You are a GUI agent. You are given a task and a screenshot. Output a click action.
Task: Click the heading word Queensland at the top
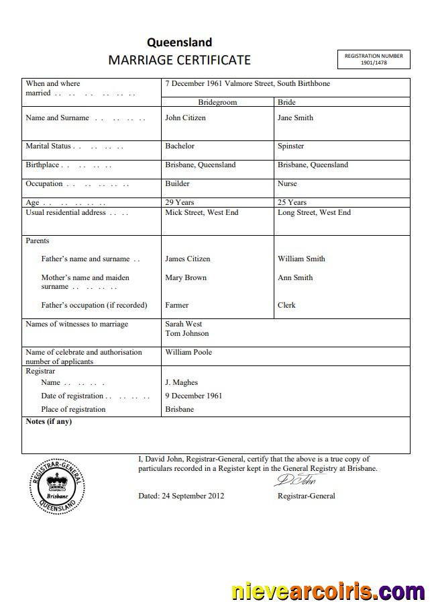(x=179, y=42)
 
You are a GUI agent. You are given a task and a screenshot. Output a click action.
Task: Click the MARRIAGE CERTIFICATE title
(x=179, y=60)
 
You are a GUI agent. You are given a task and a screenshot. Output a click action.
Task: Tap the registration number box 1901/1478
(x=374, y=59)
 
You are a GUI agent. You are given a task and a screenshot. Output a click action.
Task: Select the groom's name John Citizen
(x=185, y=118)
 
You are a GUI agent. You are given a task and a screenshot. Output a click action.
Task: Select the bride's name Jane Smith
(x=295, y=118)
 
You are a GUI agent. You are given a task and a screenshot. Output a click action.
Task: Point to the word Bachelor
(x=180, y=146)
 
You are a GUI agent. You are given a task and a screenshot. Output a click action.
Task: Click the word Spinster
(x=290, y=146)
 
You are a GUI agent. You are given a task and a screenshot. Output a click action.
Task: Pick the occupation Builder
(x=177, y=183)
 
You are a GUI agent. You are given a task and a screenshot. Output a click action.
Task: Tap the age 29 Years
(x=179, y=202)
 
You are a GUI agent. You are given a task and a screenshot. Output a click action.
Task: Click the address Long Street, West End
(x=314, y=212)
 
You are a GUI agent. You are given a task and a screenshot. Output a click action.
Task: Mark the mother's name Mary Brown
(x=186, y=277)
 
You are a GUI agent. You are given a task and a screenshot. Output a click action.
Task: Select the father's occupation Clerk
(x=286, y=305)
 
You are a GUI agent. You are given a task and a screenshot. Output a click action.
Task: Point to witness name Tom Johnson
(x=186, y=333)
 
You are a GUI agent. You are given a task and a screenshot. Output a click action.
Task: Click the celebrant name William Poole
(x=188, y=352)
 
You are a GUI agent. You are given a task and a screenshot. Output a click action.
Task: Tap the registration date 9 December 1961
(x=193, y=396)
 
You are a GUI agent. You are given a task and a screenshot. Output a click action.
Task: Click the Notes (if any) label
(x=48, y=422)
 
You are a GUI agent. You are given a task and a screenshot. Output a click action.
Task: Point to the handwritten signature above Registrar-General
(x=299, y=480)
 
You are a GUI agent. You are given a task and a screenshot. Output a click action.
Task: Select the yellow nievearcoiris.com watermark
(x=327, y=592)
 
